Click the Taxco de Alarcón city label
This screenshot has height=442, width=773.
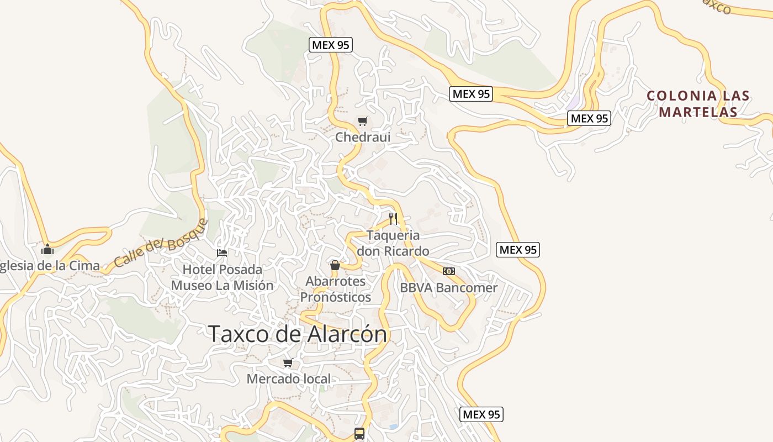tap(298, 334)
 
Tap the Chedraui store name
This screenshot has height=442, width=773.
tap(363, 137)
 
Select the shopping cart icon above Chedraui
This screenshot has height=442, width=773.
tap(362, 121)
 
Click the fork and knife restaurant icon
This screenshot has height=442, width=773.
tap(393, 218)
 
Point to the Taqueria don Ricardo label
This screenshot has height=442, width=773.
tap(393, 243)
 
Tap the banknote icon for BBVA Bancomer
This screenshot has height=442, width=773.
tap(449, 271)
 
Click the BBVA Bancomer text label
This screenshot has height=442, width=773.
tap(448, 288)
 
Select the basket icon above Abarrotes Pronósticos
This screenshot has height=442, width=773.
tap(335, 265)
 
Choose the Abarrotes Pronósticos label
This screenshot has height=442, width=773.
tap(336, 289)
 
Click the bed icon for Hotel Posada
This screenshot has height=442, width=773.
tap(222, 252)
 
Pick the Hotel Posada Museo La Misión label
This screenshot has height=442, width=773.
tap(223, 277)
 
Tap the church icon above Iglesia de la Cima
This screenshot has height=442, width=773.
tap(47, 249)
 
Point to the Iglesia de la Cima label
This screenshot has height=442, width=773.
tap(50, 266)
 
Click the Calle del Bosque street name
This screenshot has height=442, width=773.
tap(161, 243)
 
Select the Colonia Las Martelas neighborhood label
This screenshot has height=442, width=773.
tap(698, 104)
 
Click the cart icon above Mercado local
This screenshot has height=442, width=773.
tap(288, 363)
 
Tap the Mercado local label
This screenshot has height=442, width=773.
tap(289, 379)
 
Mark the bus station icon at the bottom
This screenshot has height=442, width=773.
tap(359, 433)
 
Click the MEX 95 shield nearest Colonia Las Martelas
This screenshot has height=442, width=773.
tap(589, 118)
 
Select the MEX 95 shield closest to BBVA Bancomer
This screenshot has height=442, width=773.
tap(517, 250)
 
